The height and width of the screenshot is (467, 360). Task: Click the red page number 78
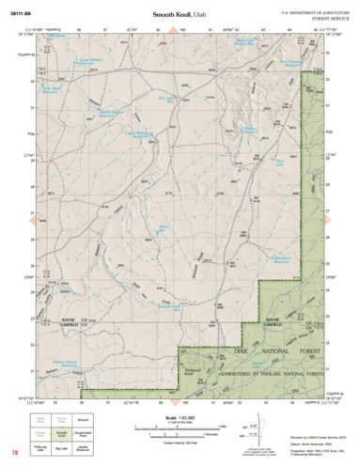click(15, 453)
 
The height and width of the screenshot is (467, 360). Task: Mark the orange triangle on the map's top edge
click(174, 31)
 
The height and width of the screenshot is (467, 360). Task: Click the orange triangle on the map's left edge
click(28, 218)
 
